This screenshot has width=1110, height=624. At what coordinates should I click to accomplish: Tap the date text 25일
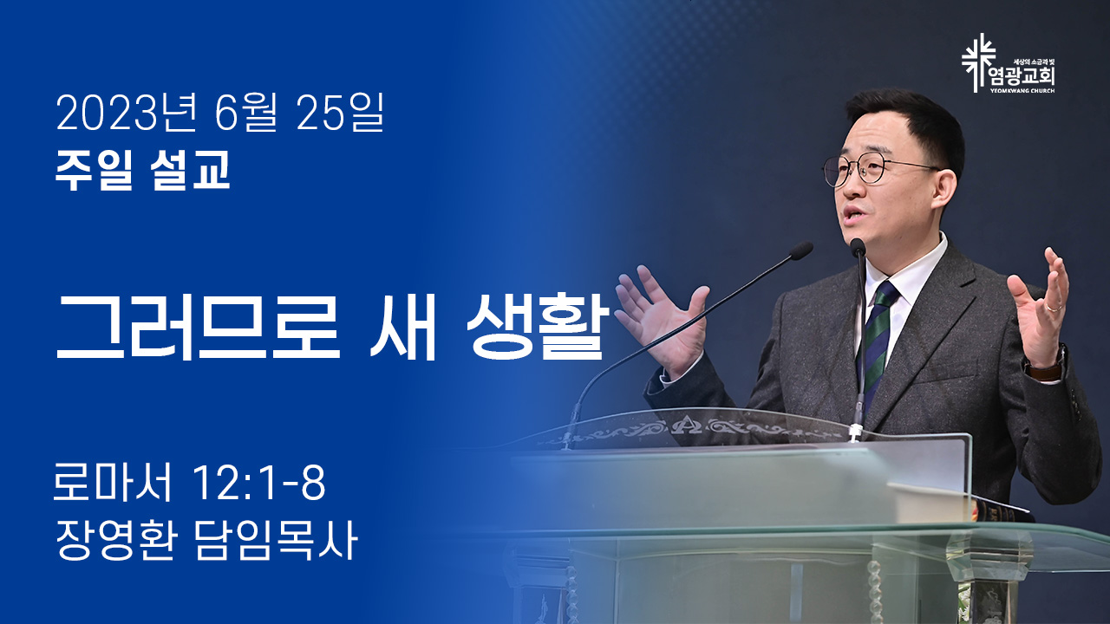pyautogui.click(x=339, y=113)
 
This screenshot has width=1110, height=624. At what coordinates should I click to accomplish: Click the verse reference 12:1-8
pyautogui.click(x=258, y=483)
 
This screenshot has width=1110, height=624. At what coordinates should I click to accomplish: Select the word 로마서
pyautogui.click(x=112, y=482)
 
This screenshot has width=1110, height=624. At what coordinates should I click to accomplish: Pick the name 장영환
pyautogui.click(x=115, y=542)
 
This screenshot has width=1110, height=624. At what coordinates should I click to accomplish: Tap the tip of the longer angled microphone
pyautogui.click(x=801, y=250)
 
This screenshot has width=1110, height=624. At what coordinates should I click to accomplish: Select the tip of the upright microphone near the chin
pyautogui.click(x=858, y=247)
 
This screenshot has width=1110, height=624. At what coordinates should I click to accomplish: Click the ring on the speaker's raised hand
pyautogui.click(x=1054, y=308)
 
